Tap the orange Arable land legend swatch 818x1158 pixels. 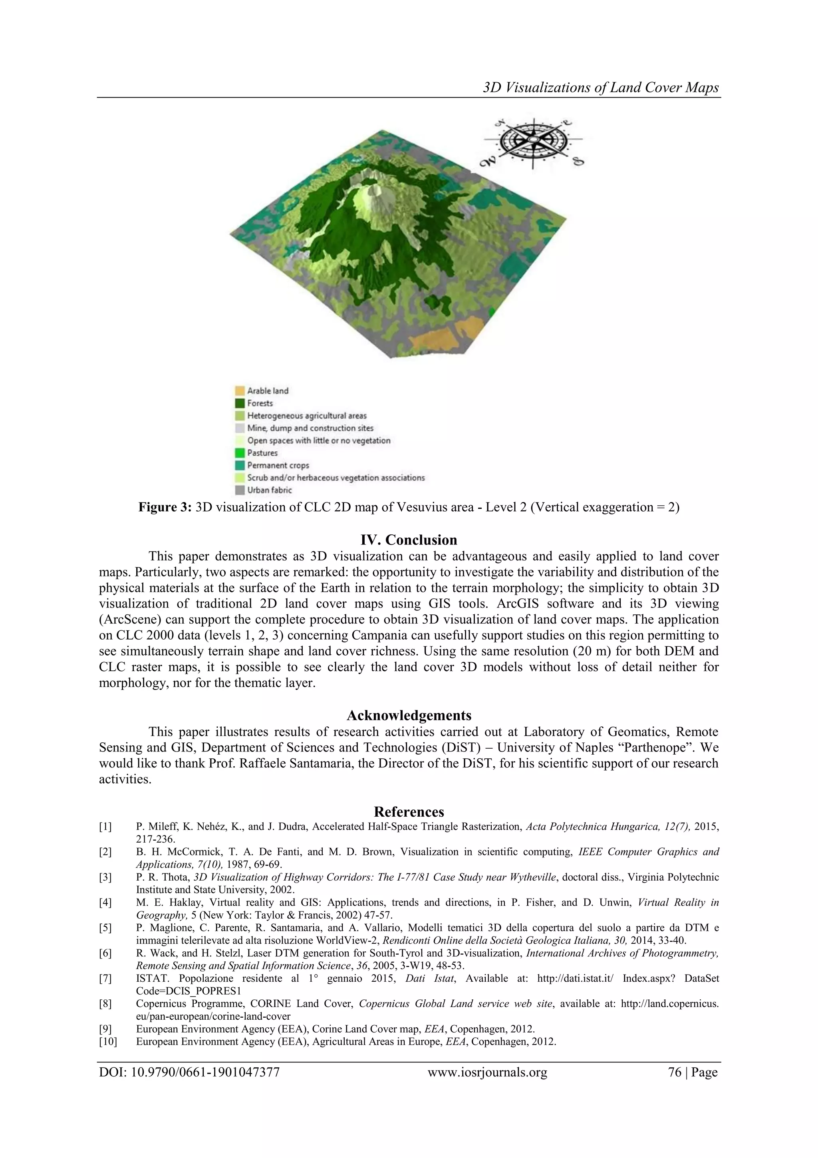(x=239, y=391)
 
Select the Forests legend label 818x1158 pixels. (x=260, y=403)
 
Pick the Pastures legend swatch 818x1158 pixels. (x=239, y=453)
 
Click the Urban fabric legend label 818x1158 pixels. (x=269, y=490)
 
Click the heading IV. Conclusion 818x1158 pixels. (x=408, y=540)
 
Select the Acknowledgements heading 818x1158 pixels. (x=408, y=715)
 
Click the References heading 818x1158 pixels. (x=408, y=811)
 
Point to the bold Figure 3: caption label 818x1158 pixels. (x=165, y=507)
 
